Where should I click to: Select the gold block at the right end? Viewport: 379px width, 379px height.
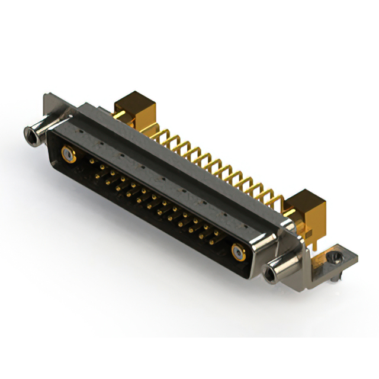click(309, 209)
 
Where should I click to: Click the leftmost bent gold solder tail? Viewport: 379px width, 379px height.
click(155, 135)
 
